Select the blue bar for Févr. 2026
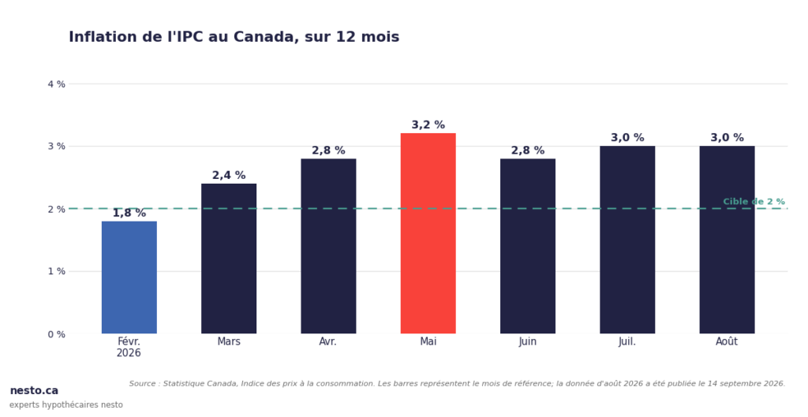pos(129,277)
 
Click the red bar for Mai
pos(428,233)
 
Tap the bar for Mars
pos(229,259)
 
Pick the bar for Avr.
pos(328,246)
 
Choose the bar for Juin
pos(528,246)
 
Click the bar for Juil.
pos(627,240)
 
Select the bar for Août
pos(727,240)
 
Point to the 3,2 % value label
pos(428,125)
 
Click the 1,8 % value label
pos(129,213)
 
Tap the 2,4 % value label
pos(229,176)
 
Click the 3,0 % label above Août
pos(727,138)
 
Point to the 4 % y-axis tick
pos(57,84)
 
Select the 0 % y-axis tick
pos(57,334)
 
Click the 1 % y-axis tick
pos(57,271)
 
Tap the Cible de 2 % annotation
pos(754,202)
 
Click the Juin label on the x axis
pos(528,341)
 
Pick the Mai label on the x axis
pos(428,341)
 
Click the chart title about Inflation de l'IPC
pos(234,37)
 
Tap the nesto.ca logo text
pos(34,391)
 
